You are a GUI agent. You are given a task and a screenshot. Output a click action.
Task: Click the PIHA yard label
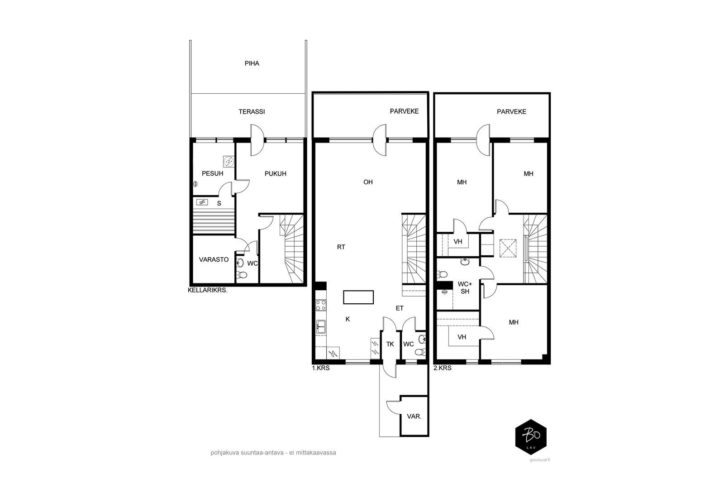252,63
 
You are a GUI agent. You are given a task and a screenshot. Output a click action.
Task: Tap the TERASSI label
252,111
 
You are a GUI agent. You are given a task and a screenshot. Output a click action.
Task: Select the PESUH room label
212,174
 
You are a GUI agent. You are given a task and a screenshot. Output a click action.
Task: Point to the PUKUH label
276,174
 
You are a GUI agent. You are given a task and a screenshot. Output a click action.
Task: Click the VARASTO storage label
214,259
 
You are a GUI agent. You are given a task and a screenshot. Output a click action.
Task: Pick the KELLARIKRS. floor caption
208,290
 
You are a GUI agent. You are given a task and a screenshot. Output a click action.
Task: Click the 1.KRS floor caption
321,368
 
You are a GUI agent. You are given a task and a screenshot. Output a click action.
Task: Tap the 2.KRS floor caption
443,368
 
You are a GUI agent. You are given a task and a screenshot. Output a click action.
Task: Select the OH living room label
368,182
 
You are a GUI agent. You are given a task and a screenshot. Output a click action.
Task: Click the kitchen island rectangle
358,297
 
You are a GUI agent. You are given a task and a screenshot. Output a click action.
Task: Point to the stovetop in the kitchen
321,305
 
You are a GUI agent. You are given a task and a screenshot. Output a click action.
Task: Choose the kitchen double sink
321,326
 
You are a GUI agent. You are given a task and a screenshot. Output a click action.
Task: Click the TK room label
390,344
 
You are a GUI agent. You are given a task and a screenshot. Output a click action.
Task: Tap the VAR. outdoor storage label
414,417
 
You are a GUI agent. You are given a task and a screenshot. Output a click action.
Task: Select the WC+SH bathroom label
465,288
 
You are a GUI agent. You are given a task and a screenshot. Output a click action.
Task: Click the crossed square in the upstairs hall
508,248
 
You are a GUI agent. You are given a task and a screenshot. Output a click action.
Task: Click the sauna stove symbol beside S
202,202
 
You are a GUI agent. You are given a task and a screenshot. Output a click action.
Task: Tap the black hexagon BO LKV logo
531,437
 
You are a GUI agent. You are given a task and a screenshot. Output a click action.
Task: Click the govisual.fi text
540,460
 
